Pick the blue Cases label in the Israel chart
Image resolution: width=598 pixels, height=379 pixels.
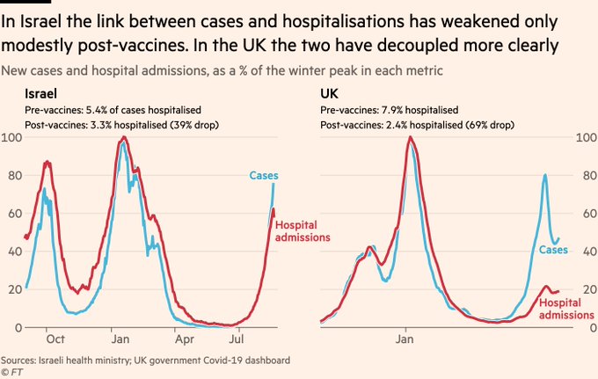(x=263, y=176)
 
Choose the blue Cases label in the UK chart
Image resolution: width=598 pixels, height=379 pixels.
(x=553, y=250)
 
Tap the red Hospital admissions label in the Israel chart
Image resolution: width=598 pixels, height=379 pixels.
(x=303, y=231)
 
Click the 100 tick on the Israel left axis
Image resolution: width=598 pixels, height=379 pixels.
(x=13, y=138)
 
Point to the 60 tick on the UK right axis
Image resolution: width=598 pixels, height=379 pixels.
(x=584, y=214)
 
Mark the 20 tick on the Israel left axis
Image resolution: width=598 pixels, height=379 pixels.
(x=16, y=289)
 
